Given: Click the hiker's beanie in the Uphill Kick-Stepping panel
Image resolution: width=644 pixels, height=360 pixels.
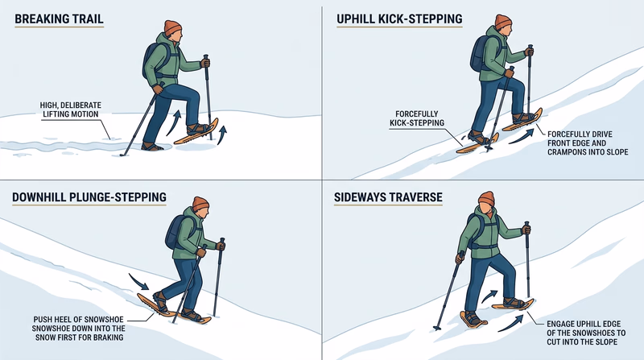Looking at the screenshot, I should click(x=503, y=22).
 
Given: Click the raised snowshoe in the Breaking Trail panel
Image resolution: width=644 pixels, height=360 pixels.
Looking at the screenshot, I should click(x=196, y=134).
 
